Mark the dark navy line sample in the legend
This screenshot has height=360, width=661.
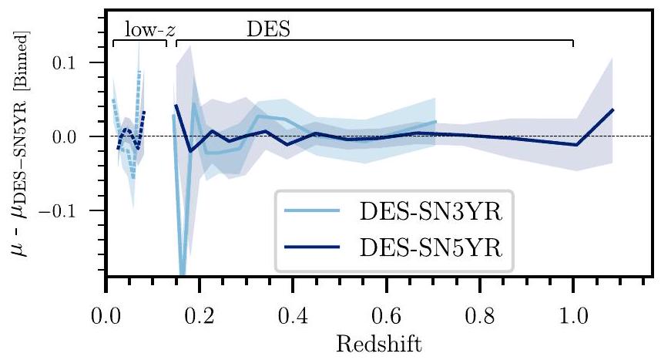314,247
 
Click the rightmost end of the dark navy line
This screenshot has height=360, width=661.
612,109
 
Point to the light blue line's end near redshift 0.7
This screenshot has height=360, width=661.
435,122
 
